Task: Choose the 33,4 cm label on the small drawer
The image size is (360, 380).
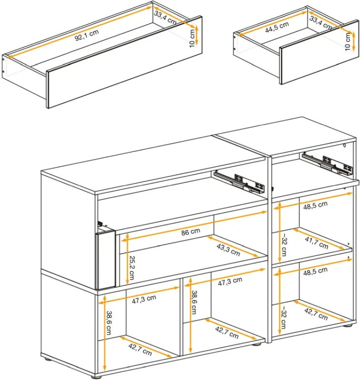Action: click(321, 22)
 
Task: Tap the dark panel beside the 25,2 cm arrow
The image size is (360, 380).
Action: click(106, 259)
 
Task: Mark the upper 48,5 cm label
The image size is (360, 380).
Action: click(315, 205)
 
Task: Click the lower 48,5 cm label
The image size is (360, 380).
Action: click(315, 272)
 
